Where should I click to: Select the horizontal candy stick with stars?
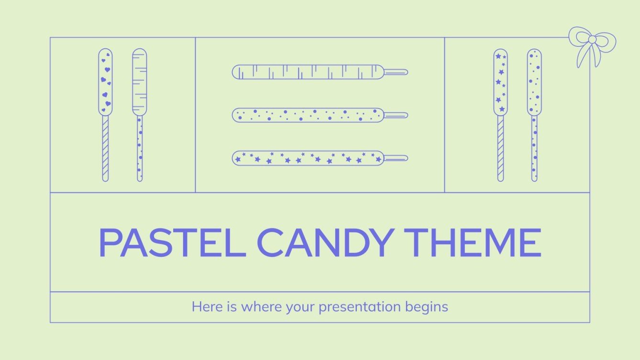308,158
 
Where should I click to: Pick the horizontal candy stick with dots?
308,115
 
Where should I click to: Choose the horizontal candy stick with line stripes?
308,72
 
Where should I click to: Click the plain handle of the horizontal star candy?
396,158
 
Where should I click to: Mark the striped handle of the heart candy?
105,148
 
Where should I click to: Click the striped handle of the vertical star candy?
500,148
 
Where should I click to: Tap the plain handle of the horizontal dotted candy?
396,115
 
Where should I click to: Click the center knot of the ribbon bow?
592,39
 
